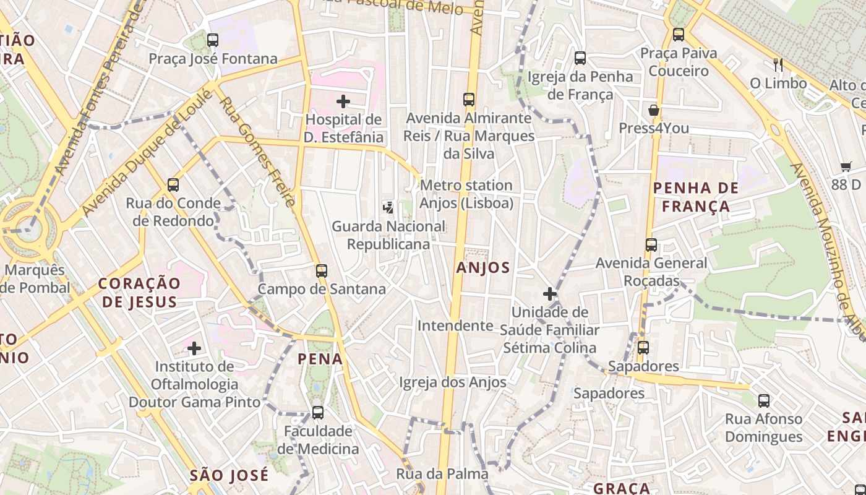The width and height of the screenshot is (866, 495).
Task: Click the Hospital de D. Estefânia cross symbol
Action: pyautogui.click(x=343, y=101)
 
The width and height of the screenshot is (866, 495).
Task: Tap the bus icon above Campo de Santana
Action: pyautogui.click(x=321, y=271)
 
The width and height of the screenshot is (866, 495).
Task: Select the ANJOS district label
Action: pyautogui.click(x=483, y=268)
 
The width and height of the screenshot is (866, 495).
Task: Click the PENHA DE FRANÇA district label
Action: pyautogui.click(x=696, y=197)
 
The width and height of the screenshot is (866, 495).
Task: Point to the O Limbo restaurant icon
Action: pyautogui.click(x=778, y=64)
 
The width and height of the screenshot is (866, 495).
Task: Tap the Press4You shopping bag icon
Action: pyautogui.click(x=654, y=111)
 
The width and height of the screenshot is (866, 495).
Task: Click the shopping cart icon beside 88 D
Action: pyautogui.click(x=846, y=166)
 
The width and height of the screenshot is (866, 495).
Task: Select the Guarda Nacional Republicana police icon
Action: pyautogui.click(x=388, y=208)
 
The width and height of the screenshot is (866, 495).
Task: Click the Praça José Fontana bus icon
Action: pyautogui.click(x=213, y=40)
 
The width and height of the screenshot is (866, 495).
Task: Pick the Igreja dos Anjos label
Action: pyautogui.click(x=453, y=382)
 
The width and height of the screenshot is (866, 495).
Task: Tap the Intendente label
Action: pyautogui.click(x=455, y=325)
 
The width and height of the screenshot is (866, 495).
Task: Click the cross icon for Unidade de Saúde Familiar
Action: pyautogui.click(x=549, y=294)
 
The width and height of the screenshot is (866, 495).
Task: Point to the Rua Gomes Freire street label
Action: pyautogui.click(x=257, y=152)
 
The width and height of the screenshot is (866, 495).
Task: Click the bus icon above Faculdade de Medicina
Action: pyautogui.click(x=318, y=412)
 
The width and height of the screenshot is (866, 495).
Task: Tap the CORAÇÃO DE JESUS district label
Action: pyautogui.click(x=139, y=292)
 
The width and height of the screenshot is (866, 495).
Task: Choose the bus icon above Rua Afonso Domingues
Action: pyautogui.click(x=764, y=400)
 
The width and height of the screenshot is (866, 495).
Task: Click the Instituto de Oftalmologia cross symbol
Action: pyautogui.click(x=194, y=348)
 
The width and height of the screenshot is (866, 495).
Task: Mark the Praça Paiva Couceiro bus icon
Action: pyautogui.click(x=679, y=35)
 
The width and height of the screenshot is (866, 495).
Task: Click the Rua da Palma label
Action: pyautogui.click(x=442, y=474)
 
